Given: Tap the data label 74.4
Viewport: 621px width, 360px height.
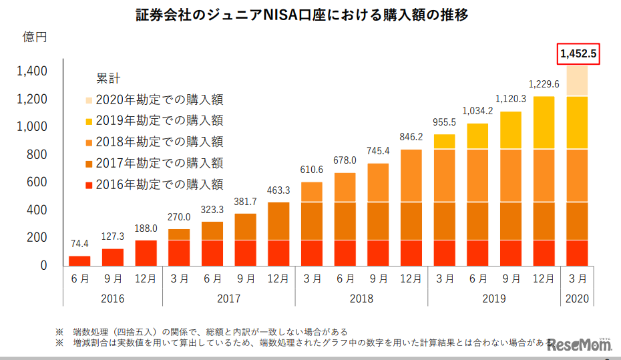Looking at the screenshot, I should click(x=79, y=244).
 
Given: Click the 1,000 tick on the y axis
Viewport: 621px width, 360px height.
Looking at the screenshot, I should click(x=31, y=127).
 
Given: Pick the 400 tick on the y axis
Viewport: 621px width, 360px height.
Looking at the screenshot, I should click(x=36, y=210).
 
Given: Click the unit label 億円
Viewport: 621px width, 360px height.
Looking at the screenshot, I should click(x=35, y=37).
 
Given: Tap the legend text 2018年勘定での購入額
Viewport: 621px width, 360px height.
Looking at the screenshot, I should click(x=159, y=142).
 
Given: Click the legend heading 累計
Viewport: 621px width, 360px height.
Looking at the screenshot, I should click(x=108, y=78).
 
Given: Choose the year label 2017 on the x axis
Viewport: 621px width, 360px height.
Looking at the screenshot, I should click(x=228, y=299).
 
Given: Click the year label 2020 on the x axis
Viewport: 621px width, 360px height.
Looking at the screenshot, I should click(x=578, y=299).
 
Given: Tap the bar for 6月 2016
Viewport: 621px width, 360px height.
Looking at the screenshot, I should click(x=79, y=260).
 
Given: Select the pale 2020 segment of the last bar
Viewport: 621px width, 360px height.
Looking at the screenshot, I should click(x=578, y=81).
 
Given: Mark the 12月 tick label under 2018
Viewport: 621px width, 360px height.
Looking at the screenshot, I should click(x=411, y=279).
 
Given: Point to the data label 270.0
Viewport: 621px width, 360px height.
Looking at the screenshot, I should click(x=179, y=217).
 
